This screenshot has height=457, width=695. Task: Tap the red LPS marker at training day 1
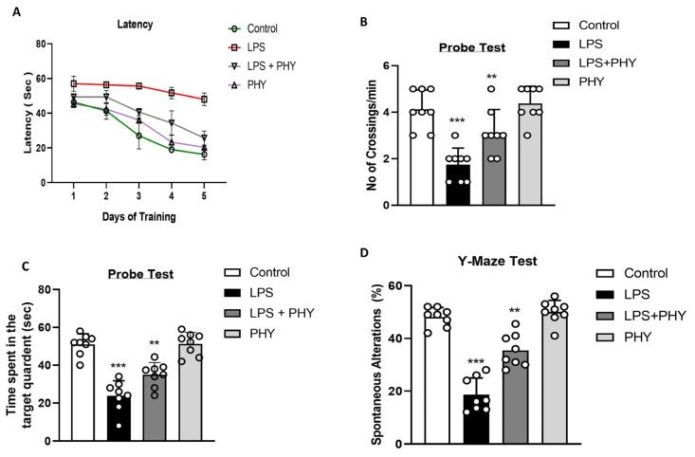74,83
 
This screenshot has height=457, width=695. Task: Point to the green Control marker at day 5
204,154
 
